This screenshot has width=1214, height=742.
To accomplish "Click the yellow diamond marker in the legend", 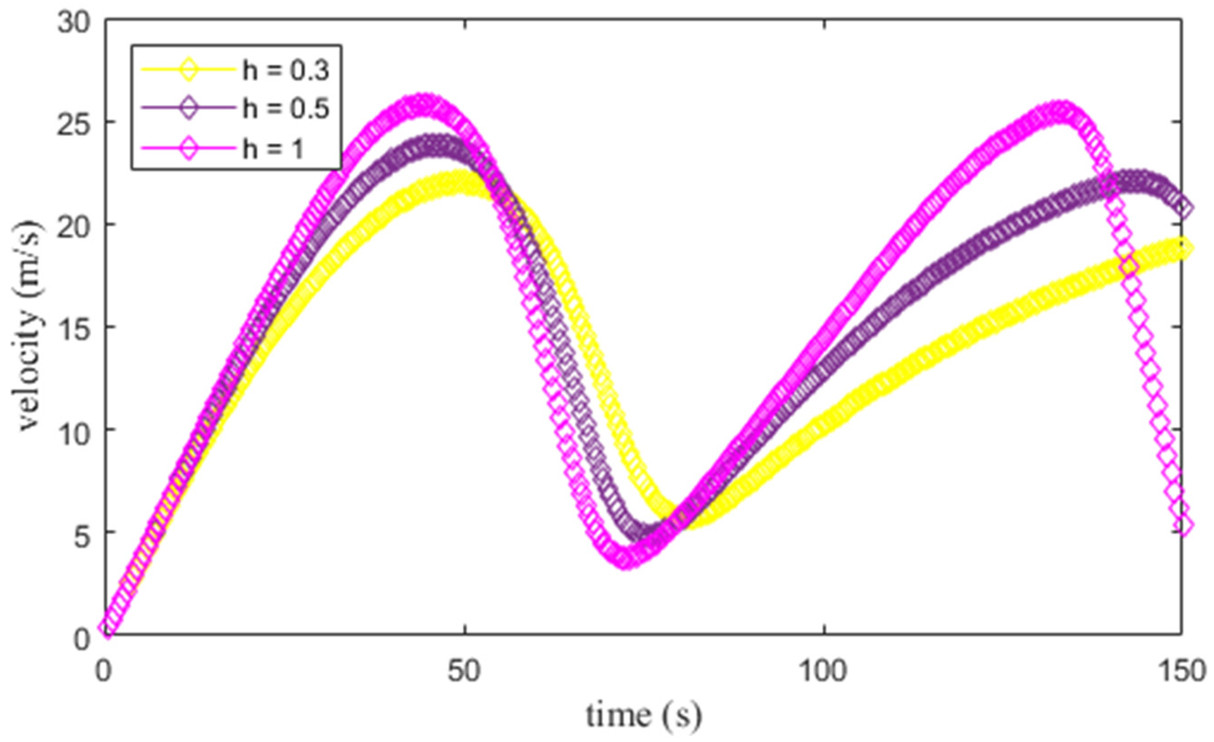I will click(x=189, y=70).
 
